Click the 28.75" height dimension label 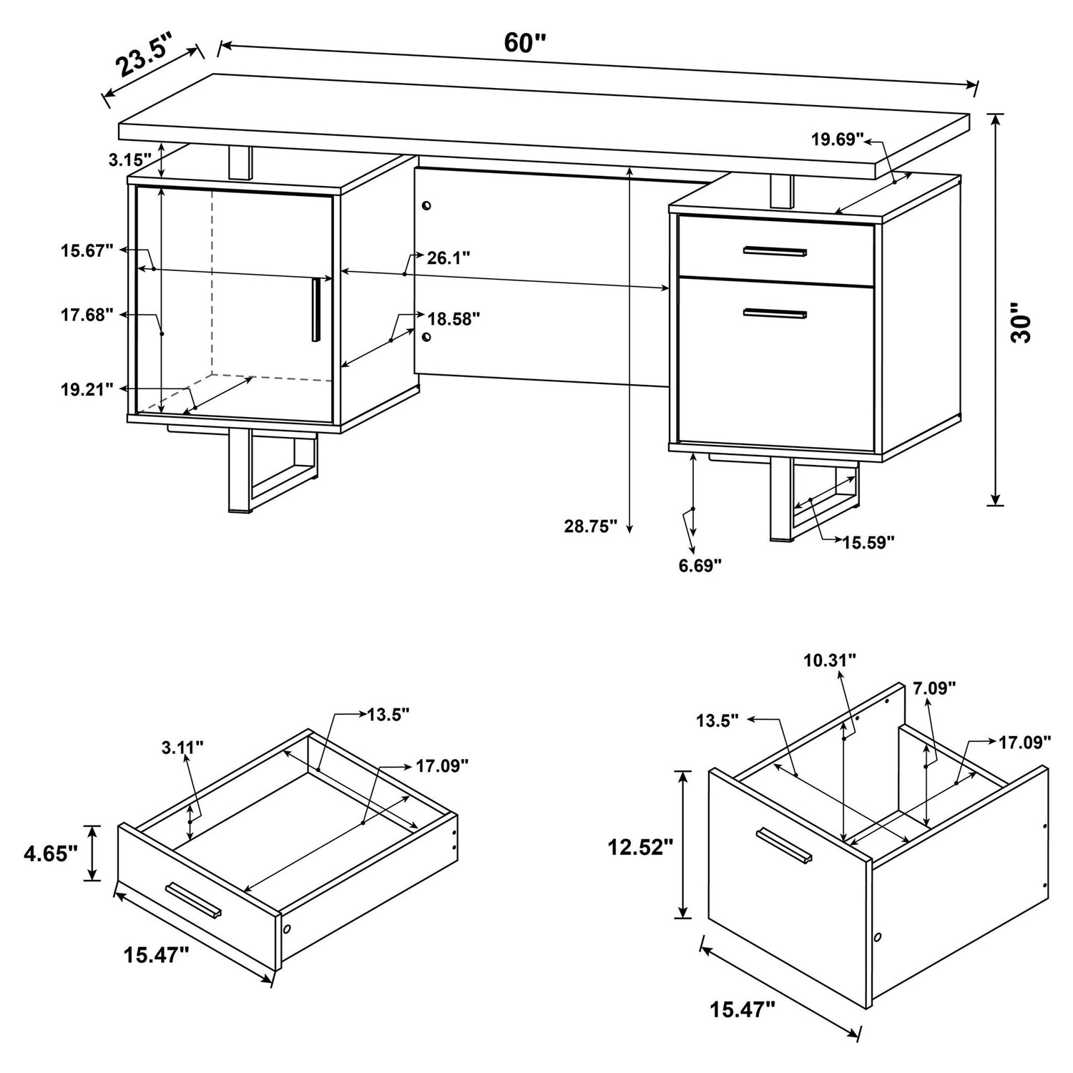click(590, 526)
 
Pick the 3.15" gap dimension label click(130, 160)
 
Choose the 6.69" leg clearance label click(700, 565)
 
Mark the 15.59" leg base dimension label click(868, 543)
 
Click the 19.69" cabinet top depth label click(838, 139)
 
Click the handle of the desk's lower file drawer click(775, 313)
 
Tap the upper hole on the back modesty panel click(427, 206)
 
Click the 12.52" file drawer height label click(640, 848)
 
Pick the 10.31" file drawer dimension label click(829, 660)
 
